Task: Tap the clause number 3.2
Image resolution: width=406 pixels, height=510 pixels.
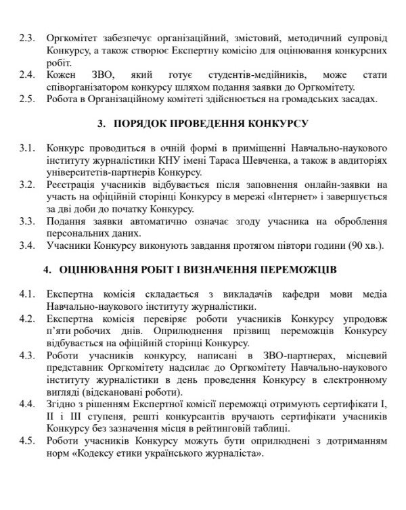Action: tap(28, 184)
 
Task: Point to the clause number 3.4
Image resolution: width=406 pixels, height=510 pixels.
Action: tap(28, 245)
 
